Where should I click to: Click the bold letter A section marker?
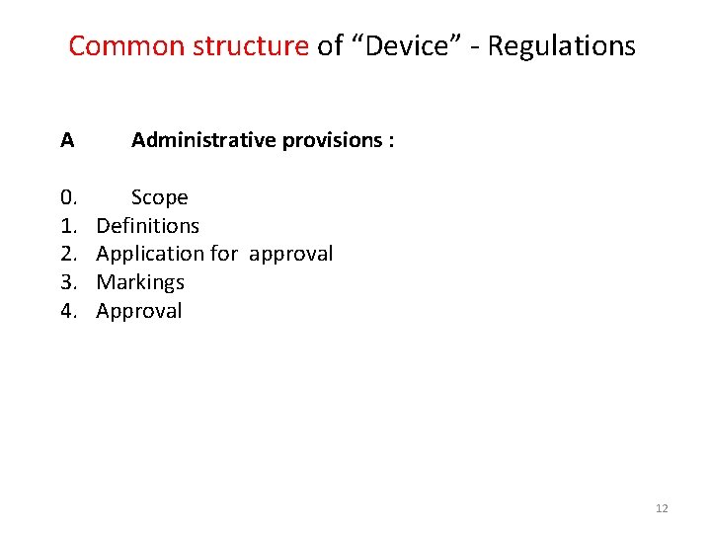[x=66, y=140]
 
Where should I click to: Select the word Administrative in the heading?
[x=203, y=140]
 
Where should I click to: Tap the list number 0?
[x=68, y=197]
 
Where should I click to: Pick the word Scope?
[x=159, y=197]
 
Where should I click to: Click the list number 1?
[x=68, y=226]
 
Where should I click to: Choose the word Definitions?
[x=147, y=226]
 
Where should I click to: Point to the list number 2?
[x=68, y=254]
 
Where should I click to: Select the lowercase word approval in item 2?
[x=290, y=255]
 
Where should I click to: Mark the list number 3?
[x=68, y=282]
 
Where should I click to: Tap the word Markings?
[x=140, y=283]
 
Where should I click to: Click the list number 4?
[x=68, y=311]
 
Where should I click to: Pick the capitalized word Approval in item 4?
[x=139, y=312]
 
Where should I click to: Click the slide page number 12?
[x=662, y=508]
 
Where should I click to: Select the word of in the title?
[x=330, y=46]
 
